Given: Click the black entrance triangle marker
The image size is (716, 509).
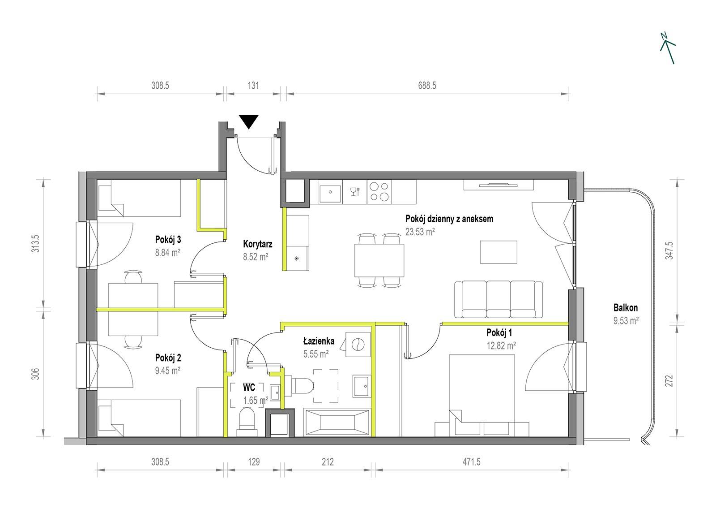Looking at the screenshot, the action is click(249, 121).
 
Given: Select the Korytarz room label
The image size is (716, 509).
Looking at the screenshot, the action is click(258, 244).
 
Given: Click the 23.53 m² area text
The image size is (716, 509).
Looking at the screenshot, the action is click(420, 232).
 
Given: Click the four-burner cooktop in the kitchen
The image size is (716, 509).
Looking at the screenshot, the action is click(379, 192).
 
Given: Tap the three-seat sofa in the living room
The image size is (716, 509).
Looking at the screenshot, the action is click(499, 300).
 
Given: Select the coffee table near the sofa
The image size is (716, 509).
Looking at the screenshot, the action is click(499, 252).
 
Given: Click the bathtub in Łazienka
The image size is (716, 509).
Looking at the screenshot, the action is click(337, 422).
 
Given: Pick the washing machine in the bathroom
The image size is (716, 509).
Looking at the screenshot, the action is click(358, 345).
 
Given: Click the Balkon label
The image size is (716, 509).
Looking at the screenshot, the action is click(626, 308).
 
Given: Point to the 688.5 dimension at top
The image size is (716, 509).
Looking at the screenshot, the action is click(427, 86).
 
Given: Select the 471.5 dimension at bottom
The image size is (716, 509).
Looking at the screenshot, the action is click(472, 462).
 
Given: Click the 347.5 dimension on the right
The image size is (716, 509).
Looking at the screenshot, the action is click(669, 250).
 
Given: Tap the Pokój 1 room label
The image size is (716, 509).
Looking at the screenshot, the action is click(499, 333).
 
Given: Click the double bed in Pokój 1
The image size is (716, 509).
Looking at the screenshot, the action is click(482, 395).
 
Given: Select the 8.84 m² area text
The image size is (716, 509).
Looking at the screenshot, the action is click(168, 253).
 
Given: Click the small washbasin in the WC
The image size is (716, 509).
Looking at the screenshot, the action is click(275, 392).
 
